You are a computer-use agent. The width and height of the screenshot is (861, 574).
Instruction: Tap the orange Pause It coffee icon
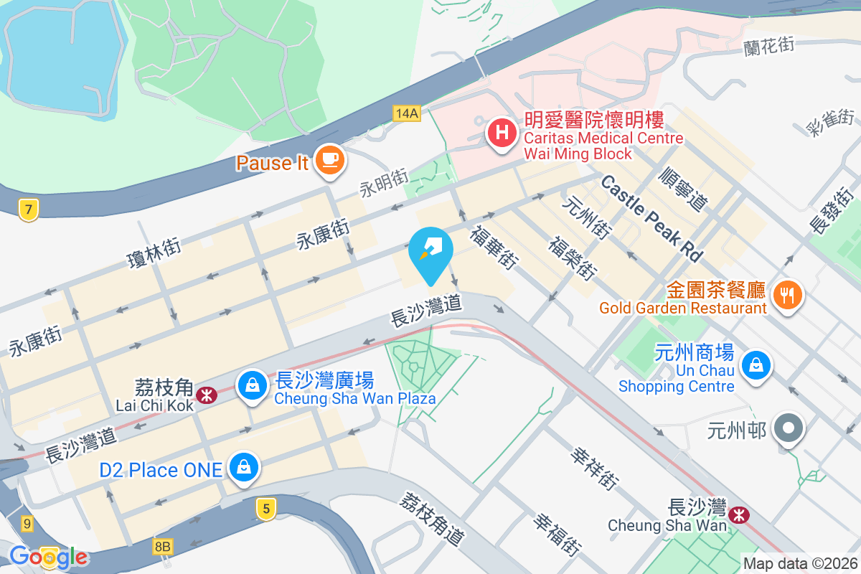coord(329,158)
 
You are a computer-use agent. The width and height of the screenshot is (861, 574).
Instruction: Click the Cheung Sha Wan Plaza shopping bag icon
coord(253,385)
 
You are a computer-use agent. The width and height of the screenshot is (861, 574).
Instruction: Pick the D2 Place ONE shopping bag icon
coord(244,468)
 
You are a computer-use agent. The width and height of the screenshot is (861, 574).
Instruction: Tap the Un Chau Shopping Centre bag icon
coord(756,365)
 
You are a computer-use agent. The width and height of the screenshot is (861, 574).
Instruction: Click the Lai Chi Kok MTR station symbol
coord(207,395)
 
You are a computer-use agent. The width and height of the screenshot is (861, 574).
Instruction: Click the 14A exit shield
coord(406,113)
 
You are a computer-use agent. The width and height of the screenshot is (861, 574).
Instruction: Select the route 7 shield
coord(28,210)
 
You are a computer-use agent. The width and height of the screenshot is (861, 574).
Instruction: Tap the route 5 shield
coord(265,509)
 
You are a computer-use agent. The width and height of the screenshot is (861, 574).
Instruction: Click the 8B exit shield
coord(163,547)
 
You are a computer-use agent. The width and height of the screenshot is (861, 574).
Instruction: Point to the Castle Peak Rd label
coord(651,217)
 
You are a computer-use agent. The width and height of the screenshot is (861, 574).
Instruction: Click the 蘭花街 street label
coord(769,44)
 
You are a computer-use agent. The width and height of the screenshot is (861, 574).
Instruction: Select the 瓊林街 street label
coord(153,252)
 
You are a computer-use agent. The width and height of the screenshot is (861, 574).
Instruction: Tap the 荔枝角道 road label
coord(433,518)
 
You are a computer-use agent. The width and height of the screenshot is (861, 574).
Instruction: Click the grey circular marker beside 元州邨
coord(789,428)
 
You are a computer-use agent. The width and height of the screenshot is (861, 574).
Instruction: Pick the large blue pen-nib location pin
coord(430,250)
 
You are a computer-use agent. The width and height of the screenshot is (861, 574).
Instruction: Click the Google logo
coord(49,557)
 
